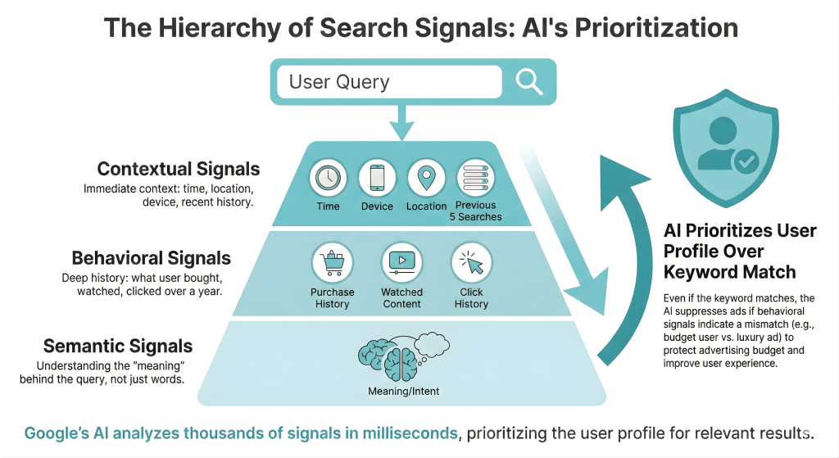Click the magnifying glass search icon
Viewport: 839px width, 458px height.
click(528, 82)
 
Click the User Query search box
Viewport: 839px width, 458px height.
click(388, 82)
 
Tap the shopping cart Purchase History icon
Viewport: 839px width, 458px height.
click(332, 263)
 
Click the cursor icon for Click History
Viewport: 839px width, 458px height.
click(471, 263)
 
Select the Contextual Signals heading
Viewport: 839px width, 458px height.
click(178, 170)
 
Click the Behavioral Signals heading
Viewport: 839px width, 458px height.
click(152, 258)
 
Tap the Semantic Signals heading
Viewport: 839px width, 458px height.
click(118, 346)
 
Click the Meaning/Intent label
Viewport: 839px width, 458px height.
click(403, 391)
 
